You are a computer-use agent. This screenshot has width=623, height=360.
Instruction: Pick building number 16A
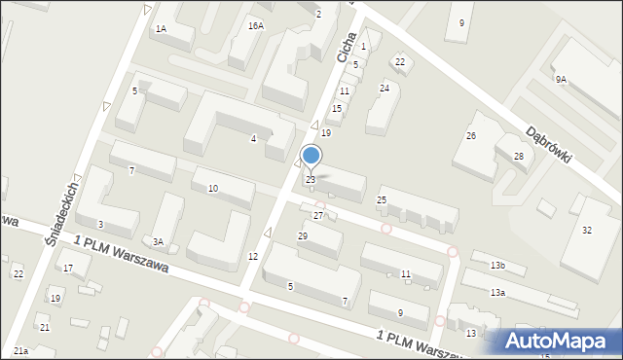click(x=255, y=26)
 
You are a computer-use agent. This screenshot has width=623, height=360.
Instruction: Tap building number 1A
click(x=161, y=30)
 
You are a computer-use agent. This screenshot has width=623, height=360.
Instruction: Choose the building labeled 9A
click(x=561, y=80)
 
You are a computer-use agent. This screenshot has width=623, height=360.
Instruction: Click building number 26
click(x=471, y=136)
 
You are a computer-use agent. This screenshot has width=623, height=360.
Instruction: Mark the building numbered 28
click(x=519, y=157)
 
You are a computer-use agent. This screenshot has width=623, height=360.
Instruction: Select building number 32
click(x=586, y=231)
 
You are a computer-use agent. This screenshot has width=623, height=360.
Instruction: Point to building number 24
click(x=385, y=89)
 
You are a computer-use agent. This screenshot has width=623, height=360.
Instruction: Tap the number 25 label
click(x=382, y=200)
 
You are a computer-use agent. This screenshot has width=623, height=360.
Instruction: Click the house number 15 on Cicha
click(x=337, y=109)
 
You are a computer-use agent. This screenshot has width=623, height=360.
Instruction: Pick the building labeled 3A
click(x=157, y=242)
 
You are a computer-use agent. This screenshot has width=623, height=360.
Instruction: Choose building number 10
click(x=213, y=188)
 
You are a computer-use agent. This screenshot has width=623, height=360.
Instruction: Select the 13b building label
click(x=497, y=266)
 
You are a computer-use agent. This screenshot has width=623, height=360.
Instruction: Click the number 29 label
click(x=303, y=236)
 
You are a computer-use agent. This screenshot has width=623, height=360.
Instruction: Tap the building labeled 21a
click(x=20, y=350)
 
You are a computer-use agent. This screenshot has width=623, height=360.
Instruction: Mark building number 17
click(x=68, y=268)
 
